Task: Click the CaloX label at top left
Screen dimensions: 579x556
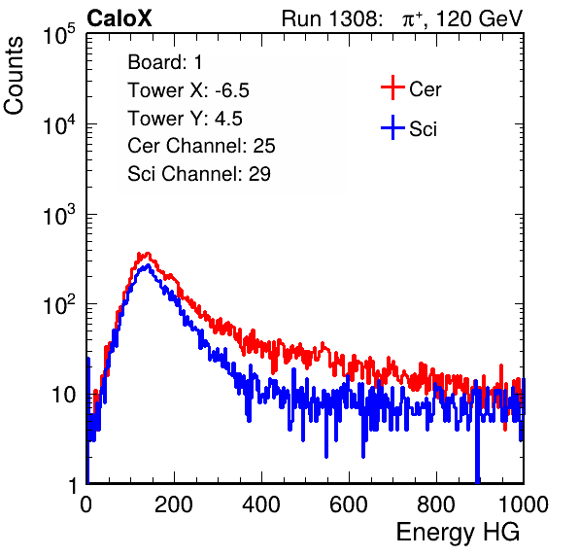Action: pyautogui.click(x=119, y=18)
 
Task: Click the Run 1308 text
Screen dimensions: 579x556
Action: pyautogui.click(x=331, y=18)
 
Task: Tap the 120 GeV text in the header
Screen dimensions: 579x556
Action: pyautogui.click(x=480, y=18)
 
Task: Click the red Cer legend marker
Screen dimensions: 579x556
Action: pyautogui.click(x=392, y=87)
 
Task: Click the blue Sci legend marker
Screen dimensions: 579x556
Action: pyautogui.click(x=392, y=128)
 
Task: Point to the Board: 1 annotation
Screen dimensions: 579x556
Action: pyautogui.click(x=165, y=62)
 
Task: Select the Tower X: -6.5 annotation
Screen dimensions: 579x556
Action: pyautogui.click(x=188, y=90)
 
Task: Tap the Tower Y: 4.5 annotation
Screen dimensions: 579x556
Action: pyautogui.click(x=185, y=119)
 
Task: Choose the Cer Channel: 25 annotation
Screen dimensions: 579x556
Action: pyautogui.click(x=201, y=146)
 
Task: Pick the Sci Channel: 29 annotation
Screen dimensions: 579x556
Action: pyautogui.click(x=199, y=174)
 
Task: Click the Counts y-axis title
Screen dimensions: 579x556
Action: pyautogui.click(x=14, y=76)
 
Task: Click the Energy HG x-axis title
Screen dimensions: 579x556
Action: pyautogui.click(x=458, y=533)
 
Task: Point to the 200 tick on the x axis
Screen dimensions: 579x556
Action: pyautogui.click(x=174, y=504)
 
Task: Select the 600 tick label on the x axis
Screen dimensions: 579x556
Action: pyautogui.click(x=349, y=504)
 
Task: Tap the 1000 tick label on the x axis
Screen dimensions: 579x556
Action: pyautogui.click(x=524, y=504)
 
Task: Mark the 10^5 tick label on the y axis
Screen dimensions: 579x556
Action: pyautogui.click(x=59, y=35)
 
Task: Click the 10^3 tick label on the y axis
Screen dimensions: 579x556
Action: pyautogui.click(x=59, y=215)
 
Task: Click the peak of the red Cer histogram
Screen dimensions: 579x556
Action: pyautogui.click(x=148, y=253)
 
